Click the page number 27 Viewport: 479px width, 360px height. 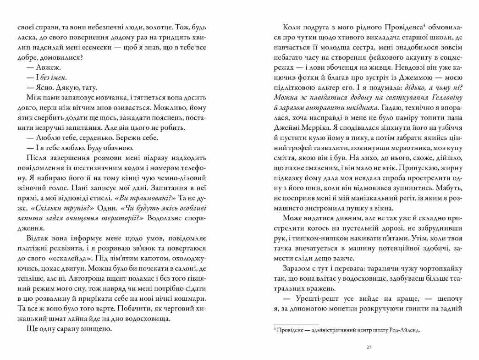click(369, 347)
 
